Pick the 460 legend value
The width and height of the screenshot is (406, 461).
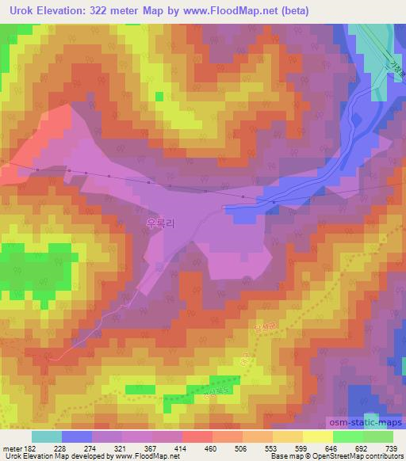coord(197,448)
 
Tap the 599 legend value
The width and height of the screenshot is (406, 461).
coord(288,448)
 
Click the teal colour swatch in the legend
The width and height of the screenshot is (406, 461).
coord(47,436)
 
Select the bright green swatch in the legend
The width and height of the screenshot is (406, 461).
coord(347,436)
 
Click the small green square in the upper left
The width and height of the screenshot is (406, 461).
coord(159,97)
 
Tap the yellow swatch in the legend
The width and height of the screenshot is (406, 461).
coord(317,436)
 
